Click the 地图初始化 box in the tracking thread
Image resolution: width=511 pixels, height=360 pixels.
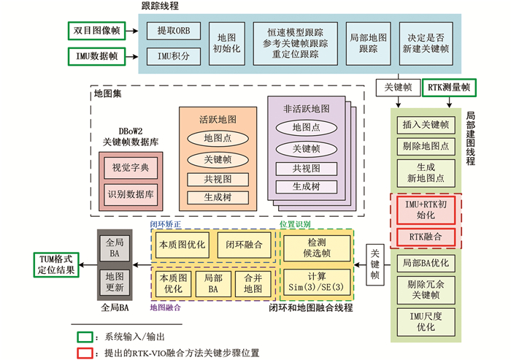coord(224,42)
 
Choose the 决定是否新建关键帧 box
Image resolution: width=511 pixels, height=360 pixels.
coord(425,42)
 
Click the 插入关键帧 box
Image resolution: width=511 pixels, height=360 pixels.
coord(425,125)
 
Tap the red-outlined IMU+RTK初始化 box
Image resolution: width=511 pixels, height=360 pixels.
coord(425,210)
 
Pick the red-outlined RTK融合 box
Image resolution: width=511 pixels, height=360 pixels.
coord(425,237)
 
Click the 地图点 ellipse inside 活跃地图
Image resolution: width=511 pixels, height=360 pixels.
coord(218,138)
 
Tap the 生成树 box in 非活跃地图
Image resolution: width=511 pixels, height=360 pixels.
coord(305,185)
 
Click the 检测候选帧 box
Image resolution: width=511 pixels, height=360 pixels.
coord(318,246)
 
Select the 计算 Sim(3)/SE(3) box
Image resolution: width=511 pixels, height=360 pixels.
coord(318,280)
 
